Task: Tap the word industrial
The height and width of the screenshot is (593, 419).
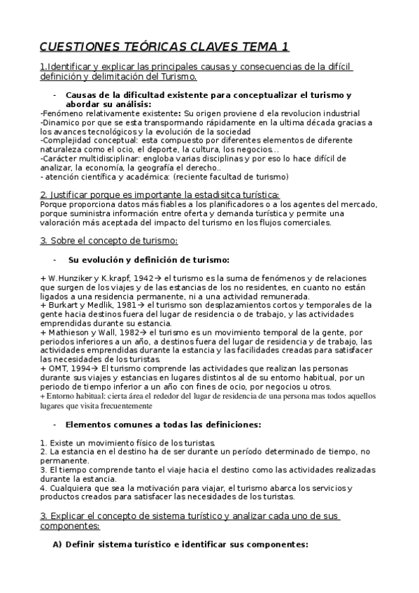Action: pyautogui.click(x=333, y=113)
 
